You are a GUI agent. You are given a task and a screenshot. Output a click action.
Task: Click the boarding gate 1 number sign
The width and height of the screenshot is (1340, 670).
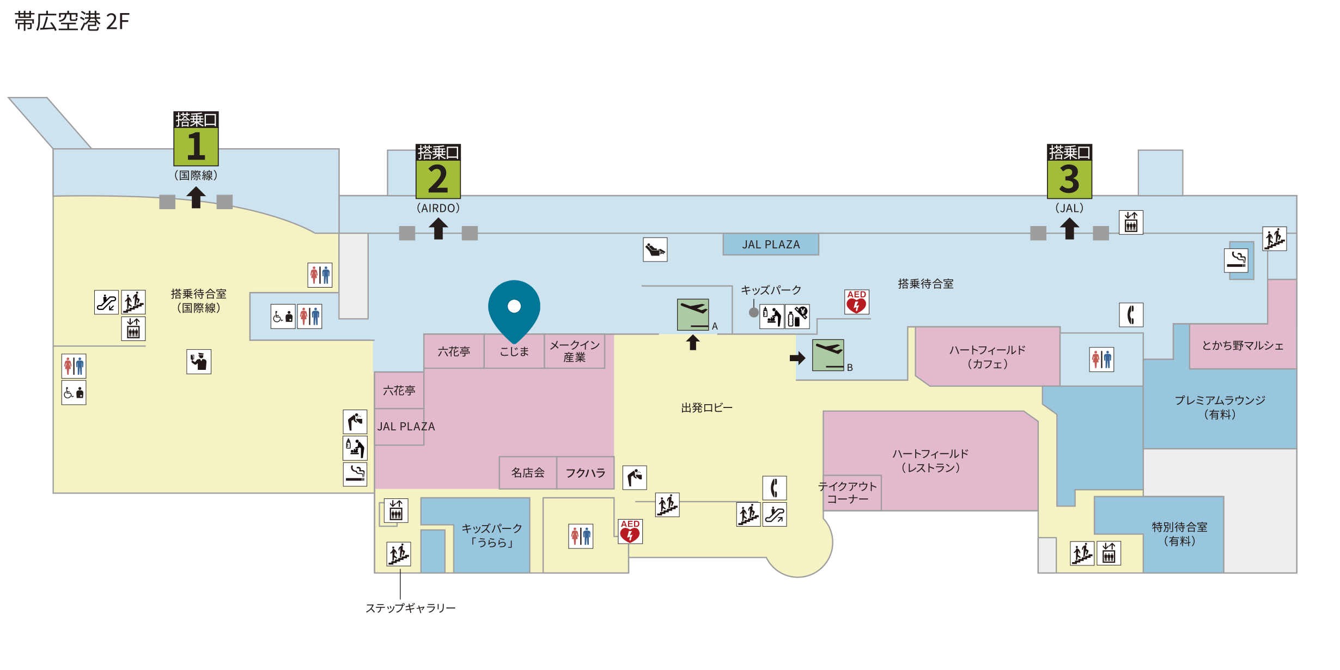(x=196, y=138)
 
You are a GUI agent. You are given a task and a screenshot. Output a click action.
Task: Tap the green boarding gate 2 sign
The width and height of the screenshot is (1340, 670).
(x=438, y=171)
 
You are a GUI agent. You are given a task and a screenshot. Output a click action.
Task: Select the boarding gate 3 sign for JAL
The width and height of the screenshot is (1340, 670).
(x=1069, y=171)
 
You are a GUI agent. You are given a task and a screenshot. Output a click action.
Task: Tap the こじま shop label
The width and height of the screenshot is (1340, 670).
(x=514, y=351)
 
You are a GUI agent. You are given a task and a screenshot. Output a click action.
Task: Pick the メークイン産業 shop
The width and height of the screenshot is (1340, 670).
(x=575, y=351)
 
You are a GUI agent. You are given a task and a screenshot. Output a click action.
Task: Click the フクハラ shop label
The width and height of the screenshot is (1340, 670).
(x=586, y=473)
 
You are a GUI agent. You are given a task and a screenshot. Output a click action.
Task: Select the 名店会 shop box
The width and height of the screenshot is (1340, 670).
(x=528, y=473)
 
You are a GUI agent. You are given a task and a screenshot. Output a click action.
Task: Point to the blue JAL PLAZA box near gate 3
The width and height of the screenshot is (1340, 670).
(x=771, y=245)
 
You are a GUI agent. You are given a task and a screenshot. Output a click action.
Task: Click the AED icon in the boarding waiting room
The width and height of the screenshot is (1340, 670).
(x=857, y=302)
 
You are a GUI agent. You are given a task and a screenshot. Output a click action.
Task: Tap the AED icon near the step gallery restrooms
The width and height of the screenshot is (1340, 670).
(x=630, y=531)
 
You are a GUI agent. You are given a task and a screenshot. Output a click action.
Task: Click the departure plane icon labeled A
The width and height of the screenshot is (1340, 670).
(x=693, y=314)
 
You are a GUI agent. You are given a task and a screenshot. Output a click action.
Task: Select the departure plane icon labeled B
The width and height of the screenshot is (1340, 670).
(x=828, y=355)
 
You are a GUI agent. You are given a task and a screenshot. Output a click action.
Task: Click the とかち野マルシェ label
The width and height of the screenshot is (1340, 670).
(x=1242, y=345)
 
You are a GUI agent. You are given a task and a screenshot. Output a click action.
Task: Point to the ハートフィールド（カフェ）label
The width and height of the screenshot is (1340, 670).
(x=988, y=357)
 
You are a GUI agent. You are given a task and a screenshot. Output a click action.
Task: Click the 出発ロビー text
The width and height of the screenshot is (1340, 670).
(x=707, y=407)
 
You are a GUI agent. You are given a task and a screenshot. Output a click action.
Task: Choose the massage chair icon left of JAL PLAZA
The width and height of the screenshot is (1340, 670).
(x=655, y=249)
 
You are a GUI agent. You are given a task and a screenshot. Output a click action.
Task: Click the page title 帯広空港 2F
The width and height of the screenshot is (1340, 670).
(x=72, y=22)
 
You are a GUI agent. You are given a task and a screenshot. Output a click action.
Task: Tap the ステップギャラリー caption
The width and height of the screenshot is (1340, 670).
(x=411, y=608)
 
